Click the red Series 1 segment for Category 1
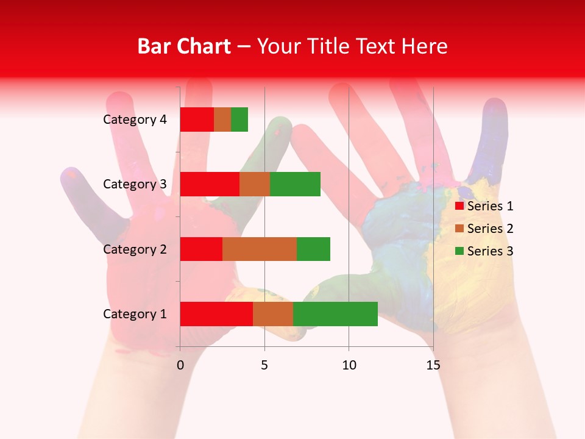coord(216,313)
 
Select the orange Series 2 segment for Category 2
coord(260,249)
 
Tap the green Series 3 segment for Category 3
coord(295,184)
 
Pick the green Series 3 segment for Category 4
coord(239,120)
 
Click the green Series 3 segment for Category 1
coord(335,313)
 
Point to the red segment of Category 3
coord(210,184)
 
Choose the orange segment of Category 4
coord(222,120)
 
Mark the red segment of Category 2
coord(201,249)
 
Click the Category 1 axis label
coord(135,314)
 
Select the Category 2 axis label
coord(135,249)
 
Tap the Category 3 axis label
coord(135,184)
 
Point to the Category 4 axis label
coord(135,120)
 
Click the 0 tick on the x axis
coord(180,365)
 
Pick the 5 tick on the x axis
coord(264,365)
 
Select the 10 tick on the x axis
coord(349,365)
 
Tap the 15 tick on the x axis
coord(433,365)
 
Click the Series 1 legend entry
coord(484,206)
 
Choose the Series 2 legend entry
coord(484,229)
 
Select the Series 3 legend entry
coord(484,251)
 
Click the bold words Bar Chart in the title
coord(184,46)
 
